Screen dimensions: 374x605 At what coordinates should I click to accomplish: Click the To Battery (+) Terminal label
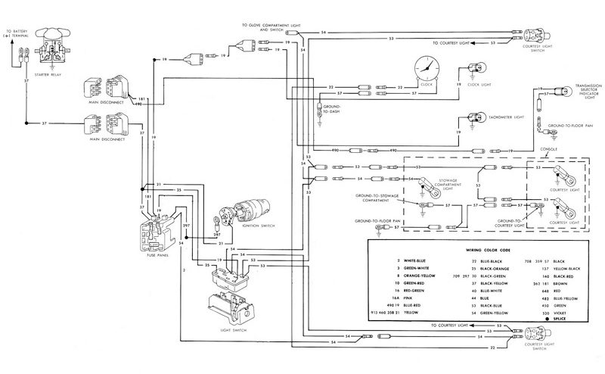pyautogui.click(x=17, y=33)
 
